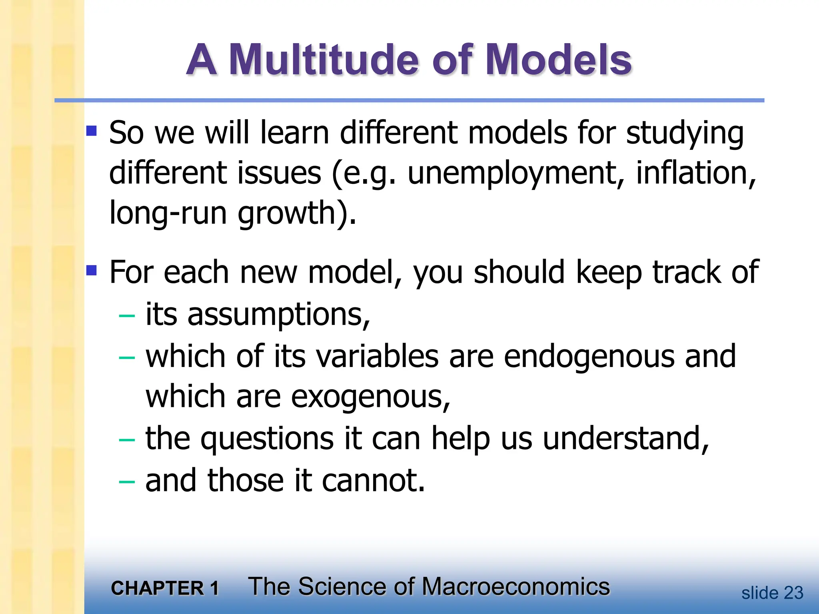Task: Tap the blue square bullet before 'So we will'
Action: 92,131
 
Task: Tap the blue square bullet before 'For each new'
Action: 92,271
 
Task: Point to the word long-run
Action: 168,213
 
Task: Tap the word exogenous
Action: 370,397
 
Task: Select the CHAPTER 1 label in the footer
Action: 165,588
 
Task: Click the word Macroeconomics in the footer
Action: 515,587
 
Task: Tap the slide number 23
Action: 793,593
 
